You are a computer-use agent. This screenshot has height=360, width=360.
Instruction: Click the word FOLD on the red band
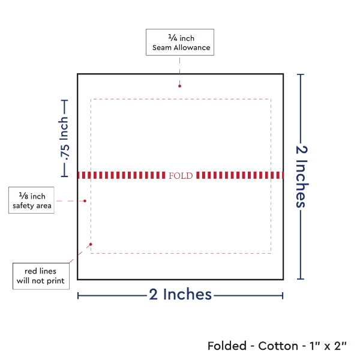tap(181, 175)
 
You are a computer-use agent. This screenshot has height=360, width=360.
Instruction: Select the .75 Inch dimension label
tap(64, 138)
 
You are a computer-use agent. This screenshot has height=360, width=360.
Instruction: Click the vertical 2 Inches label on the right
tap(301, 176)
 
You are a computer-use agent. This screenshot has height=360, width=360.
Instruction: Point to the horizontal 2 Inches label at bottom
tap(180, 295)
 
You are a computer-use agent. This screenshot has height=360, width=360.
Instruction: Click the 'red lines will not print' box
tap(41, 275)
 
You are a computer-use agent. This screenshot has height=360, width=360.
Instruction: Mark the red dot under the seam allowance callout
tap(180, 86)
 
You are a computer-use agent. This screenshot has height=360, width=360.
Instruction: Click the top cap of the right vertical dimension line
tap(301, 74)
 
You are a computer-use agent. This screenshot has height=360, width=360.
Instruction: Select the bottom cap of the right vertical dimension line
tap(301, 279)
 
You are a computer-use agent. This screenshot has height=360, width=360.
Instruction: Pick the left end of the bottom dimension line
tap(79, 295)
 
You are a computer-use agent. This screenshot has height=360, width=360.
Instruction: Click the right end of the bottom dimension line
tap(283, 295)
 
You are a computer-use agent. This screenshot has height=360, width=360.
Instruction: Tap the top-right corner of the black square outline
tap(283, 74)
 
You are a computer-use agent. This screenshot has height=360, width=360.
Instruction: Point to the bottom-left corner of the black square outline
tap(78, 279)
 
